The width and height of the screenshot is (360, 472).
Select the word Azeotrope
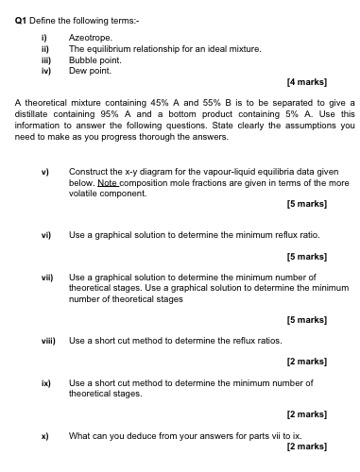89,35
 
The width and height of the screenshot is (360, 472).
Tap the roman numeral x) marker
43,435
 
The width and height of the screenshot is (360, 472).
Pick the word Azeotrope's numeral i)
43,35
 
